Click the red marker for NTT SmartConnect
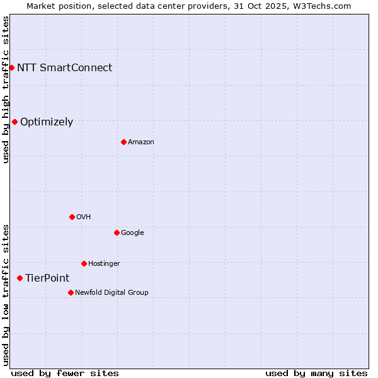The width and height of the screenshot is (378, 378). tap(11, 67)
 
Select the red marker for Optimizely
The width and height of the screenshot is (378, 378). tap(14, 122)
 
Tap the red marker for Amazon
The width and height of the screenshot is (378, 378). tap(123, 142)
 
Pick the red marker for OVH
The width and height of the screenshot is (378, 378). tap(72, 217)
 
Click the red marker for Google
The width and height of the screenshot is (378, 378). tap(117, 232)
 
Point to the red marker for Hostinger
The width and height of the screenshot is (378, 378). tap(84, 263)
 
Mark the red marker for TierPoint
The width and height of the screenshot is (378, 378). tap(20, 278)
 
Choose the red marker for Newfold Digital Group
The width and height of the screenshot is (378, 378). tap(71, 292)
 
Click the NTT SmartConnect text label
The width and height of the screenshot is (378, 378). tap(64, 67)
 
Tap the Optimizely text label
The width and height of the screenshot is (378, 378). tap(47, 122)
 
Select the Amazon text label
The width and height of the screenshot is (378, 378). tap(141, 142)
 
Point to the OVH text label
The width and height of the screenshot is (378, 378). tap(84, 217)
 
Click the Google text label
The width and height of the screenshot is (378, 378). tap(132, 233)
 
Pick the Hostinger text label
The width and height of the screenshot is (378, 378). tap(104, 264)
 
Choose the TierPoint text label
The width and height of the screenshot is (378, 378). tap(47, 278)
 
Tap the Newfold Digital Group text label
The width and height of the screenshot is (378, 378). tap(112, 292)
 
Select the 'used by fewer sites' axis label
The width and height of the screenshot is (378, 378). tap(65, 373)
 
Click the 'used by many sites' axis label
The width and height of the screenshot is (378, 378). tap(316, 373)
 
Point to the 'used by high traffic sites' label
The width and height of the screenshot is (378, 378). tap(6, 89)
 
